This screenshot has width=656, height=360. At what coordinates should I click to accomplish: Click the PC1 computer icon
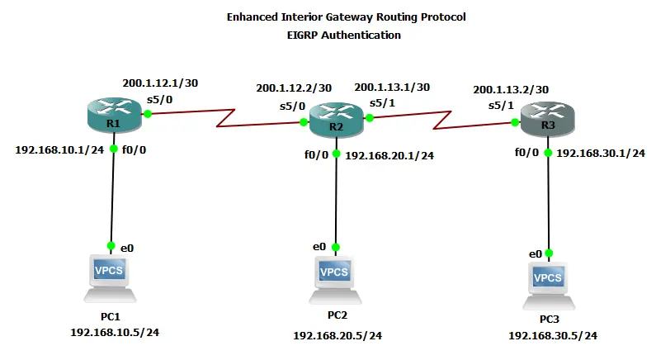(109, 277)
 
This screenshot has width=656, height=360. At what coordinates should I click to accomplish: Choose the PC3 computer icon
(549, 283)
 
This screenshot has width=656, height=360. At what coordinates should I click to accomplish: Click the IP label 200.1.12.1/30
(160, 83)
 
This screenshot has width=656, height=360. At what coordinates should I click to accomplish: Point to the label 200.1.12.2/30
(294, 88)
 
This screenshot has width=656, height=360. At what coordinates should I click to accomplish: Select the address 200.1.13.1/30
(392, 87)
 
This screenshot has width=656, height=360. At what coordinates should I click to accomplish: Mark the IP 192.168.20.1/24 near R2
(389, 154)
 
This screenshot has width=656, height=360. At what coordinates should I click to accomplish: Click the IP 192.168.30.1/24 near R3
(600, 153)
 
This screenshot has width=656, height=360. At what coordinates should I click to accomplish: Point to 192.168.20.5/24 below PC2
(337, 335)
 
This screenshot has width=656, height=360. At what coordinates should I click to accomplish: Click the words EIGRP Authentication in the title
(340, 35)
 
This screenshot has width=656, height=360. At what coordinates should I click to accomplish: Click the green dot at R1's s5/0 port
(149, 114)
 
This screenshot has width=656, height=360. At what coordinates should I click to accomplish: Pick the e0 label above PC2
(319, 246)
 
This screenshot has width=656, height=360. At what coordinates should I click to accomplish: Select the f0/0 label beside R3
(526, 153)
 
